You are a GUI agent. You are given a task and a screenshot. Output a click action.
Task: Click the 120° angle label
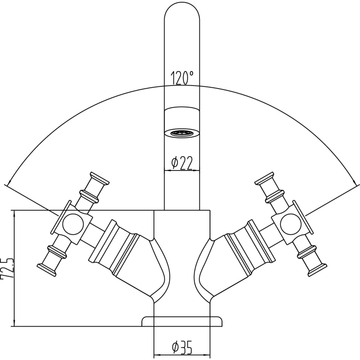click(182, 78)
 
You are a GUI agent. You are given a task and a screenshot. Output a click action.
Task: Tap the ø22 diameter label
click(182, 163)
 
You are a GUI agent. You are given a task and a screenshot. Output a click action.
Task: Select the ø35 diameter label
click(182, 348)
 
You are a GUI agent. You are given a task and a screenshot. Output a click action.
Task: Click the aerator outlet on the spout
click(182, 133)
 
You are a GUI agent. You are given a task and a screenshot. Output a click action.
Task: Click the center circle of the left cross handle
click(73, 224)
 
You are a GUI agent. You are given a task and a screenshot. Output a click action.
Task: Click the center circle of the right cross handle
click(291, 224)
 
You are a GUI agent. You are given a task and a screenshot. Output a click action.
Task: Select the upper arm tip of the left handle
click(99, 178)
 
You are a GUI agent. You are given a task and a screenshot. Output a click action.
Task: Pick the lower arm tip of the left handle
click(46, 270)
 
